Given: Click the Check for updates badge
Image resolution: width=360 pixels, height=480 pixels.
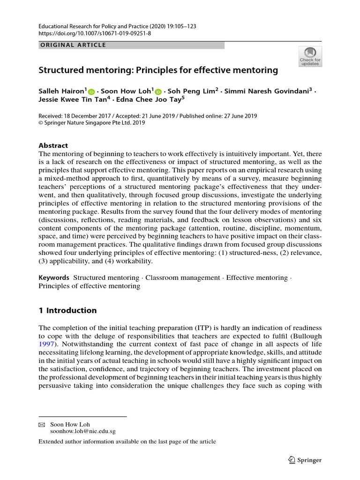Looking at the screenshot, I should pyautogui.click(x=310, y=56).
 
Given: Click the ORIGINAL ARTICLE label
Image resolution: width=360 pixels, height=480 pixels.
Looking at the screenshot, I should pyautogui.click(x=72, y=45).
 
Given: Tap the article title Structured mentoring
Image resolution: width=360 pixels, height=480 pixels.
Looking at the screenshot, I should pyautogui.click(x=158, y=70).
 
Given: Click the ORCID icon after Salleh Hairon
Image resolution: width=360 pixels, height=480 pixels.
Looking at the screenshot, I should pyautogui.click(x=91, y=92).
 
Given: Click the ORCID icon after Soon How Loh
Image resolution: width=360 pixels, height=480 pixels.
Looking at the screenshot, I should pyautogui.click(x=158, y=92).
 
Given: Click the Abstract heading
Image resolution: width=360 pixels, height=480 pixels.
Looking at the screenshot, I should pyautogui.click(x=53, y=145).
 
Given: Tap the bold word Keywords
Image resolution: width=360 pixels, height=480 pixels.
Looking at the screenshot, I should pyautogui.click(x=54, y=278).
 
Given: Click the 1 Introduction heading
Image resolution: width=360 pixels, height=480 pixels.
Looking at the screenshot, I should pyautogui.click(x=67, y=310).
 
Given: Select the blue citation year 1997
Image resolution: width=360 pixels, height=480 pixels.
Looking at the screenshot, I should pyautogui.click(x=46, y=345).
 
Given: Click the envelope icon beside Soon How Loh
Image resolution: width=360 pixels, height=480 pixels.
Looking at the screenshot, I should pyautogui.click(x=42, y=424).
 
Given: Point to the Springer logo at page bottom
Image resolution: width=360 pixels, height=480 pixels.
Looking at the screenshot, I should pyautogui.click(x=305, y=460).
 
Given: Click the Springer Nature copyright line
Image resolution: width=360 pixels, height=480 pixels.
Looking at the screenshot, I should pyautogui.click(x=92, y=123).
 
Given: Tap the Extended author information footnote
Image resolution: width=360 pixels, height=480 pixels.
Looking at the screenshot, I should pyautogui.click(x=127, y=442).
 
